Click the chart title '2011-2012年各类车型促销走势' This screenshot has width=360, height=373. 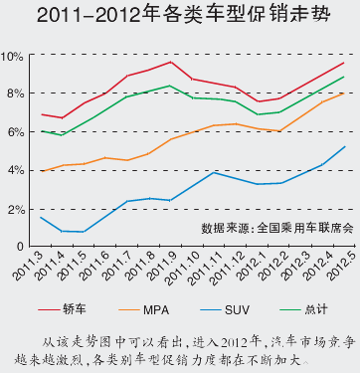click(x=180, y=16)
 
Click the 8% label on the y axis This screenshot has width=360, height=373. click(x=16, y=93)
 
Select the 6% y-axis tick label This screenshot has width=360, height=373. click(x=16, y=132)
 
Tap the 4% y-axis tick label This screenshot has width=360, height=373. click(x=16, y=170)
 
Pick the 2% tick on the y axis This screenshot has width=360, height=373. click(x=16, y=209)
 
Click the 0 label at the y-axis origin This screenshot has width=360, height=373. click(x=21, y=246)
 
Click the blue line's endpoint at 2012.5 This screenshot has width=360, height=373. click(x=344, y=146)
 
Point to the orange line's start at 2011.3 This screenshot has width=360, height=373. click(x=41, y=171)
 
